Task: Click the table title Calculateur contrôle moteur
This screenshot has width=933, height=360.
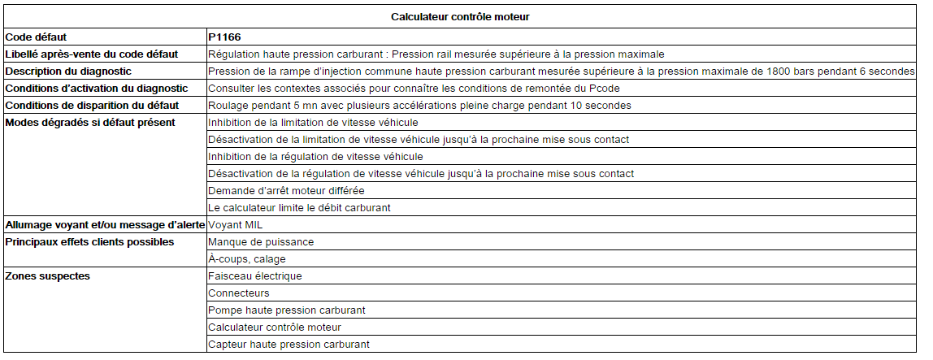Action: (461, 16)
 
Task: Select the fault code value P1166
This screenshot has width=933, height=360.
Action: (224, 37)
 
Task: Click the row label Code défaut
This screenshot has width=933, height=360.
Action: (36, 37)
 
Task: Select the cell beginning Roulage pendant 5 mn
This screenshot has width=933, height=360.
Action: (419, 106)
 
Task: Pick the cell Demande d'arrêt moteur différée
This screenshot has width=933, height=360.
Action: (286, 190)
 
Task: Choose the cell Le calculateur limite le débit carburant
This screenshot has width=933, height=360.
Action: (299, 207)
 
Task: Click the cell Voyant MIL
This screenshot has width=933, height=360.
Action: (235, 224)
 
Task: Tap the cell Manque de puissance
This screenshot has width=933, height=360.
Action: (261, 241)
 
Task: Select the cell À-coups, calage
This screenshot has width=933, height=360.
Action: (247, 259)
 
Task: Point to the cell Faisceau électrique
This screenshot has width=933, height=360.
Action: (254, 275)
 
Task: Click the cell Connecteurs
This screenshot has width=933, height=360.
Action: (239, 293)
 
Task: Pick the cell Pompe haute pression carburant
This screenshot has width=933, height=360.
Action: (287, 310)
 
